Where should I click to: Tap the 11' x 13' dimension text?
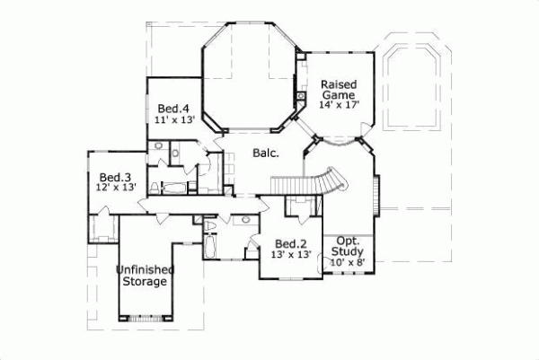point(172,119)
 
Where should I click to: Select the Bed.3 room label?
point(115,177)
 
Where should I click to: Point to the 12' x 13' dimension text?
point(116,189)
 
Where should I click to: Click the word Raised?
point(339,84)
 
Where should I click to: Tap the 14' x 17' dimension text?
point(339,105)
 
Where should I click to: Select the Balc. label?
point(265,154)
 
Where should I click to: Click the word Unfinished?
point(145,269)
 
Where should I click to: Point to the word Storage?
point(145,281)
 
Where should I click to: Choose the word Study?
point(349,251)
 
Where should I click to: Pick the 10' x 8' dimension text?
point(348,262)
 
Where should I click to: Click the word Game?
point(340,94)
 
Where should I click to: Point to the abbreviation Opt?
point(348,241)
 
